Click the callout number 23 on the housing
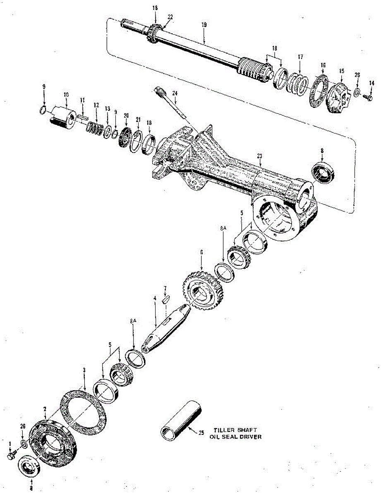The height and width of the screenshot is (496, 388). coord(260,155)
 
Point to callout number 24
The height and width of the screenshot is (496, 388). coord(175,93)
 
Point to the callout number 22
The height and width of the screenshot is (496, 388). coord(170,17)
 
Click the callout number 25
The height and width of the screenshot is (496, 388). coord(201,434)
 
